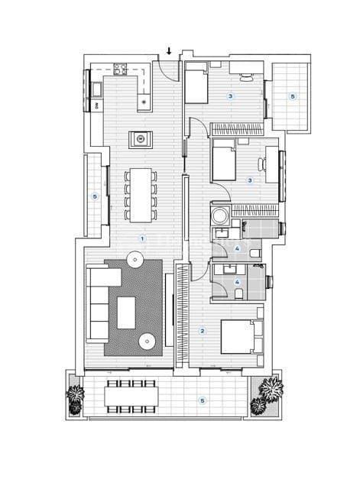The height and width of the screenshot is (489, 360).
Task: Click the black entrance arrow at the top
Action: pyautogui.click(x=169, y=52)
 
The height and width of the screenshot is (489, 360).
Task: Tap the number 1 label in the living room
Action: pyautogui.click(x=141, y=238)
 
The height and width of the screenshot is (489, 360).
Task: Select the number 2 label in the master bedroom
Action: pyautogui.click(x=202, y=330)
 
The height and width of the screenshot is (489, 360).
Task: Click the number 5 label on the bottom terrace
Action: pyautogui.click(x=202, y=400)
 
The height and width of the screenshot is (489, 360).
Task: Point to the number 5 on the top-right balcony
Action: pyautogui.click(x=291, y=96)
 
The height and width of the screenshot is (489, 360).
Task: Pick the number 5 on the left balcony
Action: pyautogui.click(x=95, y=196)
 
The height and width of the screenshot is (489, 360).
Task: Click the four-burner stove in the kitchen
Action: pyautogui.click(x=121, y=69)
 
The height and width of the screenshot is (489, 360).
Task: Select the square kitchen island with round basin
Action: pyautogui.click(x=141, y=138)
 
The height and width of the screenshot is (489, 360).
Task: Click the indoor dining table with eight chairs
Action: pyautogui.click(x=141, y=190)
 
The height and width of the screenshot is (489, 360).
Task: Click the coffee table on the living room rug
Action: pyautogui.click(x=125, y=312)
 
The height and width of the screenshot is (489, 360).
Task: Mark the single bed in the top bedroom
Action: pyautogui.click(x=196, y=85)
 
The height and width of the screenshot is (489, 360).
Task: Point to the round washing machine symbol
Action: pyautogui.click(x=219, y=213)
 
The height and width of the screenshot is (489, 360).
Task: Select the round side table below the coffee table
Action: pyautogui.click(x=145, y=340)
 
